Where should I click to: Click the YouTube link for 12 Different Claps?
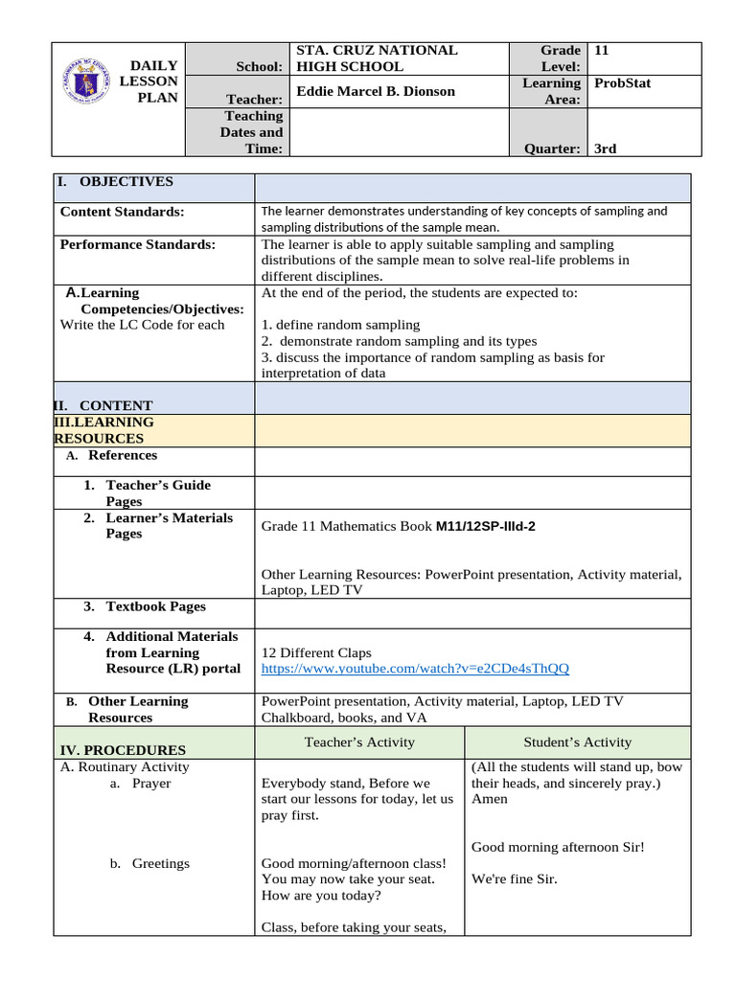coord(415,669)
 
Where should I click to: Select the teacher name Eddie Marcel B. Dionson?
coord(376,91)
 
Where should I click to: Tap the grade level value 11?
coord(602,50)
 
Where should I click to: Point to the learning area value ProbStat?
coord(622,82)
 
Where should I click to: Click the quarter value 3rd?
coord(606,148)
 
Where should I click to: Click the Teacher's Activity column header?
coord(359,741)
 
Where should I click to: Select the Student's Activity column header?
coord(577,741)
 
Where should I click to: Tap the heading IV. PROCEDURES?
coord(123,750)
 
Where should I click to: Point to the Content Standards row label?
coord(123,211)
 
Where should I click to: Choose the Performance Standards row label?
coord(138,244)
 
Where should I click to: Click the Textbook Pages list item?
coord(155,606)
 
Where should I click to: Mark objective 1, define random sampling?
coord(340,325)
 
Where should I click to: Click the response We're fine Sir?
coord(515,878)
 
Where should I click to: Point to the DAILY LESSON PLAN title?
coord(153,81)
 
